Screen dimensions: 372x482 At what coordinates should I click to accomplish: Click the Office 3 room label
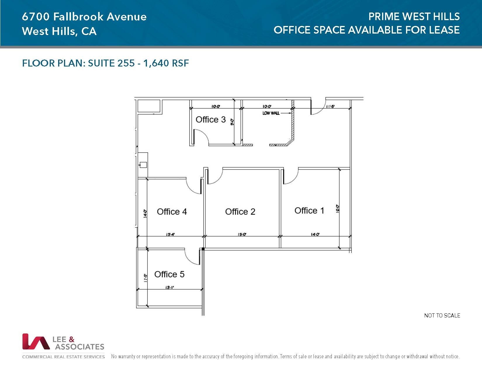tap(210, 120)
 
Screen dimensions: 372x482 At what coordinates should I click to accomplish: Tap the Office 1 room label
tap(309, 211)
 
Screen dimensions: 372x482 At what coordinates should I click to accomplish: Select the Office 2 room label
tap(240, 212)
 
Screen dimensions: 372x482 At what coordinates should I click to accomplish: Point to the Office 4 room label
tap(172, 212)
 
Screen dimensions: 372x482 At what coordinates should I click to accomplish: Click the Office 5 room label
tap(169, 274)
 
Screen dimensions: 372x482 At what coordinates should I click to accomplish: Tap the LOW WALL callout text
tap(271, 113)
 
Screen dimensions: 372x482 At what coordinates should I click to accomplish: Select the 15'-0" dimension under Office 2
tap(242, 234)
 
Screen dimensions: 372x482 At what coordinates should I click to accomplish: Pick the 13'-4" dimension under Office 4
tap(170, 234)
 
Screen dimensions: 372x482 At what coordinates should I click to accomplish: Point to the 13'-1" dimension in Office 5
tap(170, 287)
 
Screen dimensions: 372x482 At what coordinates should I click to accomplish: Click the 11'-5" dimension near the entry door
tap(330, 106)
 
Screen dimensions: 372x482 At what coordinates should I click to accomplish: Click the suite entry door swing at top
tap(318, 107)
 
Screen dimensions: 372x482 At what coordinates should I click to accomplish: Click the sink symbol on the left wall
tap(143, 165)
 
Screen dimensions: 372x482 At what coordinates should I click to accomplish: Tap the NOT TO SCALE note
tap(442, 315)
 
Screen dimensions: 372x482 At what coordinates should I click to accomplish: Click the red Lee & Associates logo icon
tap(36, 342)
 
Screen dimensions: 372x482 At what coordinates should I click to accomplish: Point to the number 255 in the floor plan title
tap(126, 63)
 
